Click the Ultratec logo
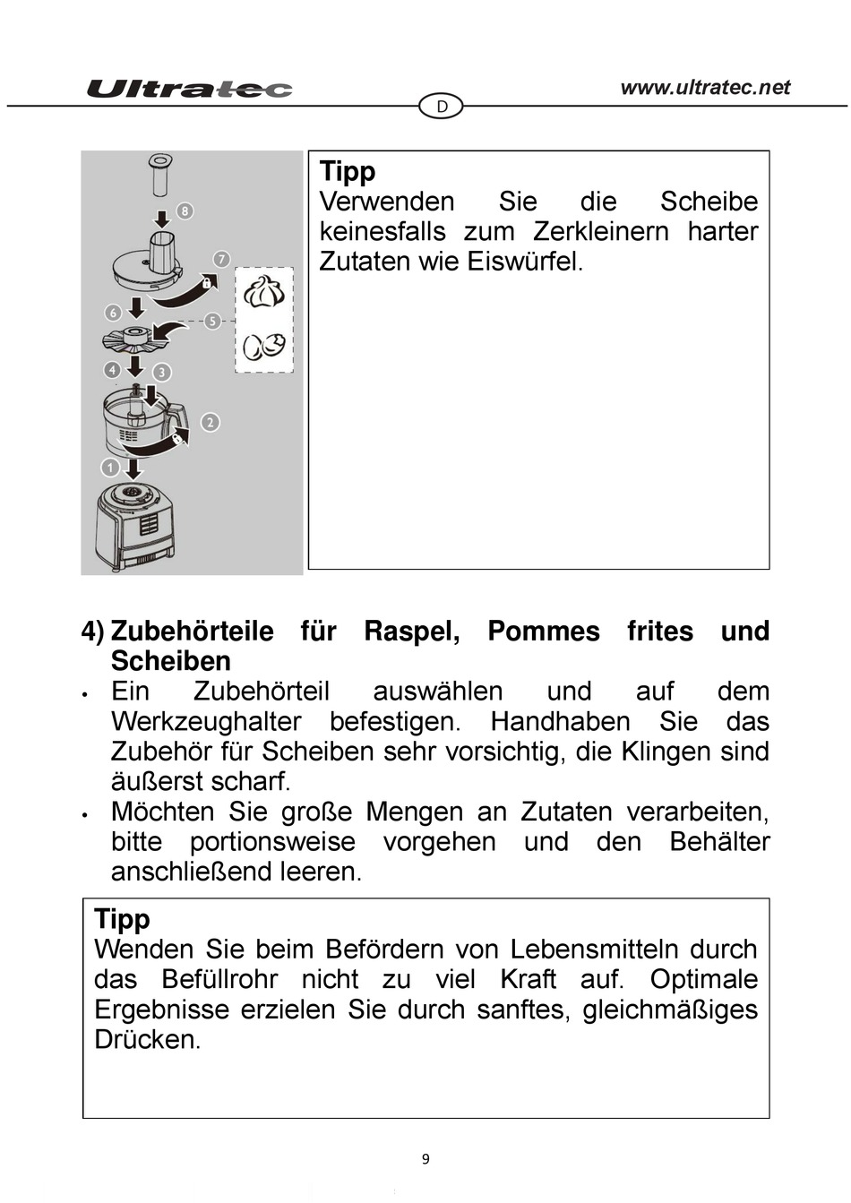click(x=189, y=89)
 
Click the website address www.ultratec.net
click(x=705, y=87)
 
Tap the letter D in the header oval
click(x=442, y=107)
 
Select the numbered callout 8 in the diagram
click(x=185, y=211)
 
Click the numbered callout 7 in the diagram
click(x=221, y=259)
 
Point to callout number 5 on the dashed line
click(x=212, y=321)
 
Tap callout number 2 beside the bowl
click(x=210, y=422)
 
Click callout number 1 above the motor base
click(x=110, y=468)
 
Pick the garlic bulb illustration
click(x=264, y=291)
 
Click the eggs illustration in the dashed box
click(x=264, y=346)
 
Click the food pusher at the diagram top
click(x=160, y=176)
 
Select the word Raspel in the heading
click(x=411, y=632)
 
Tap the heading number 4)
click(x=93, y=632)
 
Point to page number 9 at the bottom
click(x=425, y=1159)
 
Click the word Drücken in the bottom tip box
click(x=147, y=1040)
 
